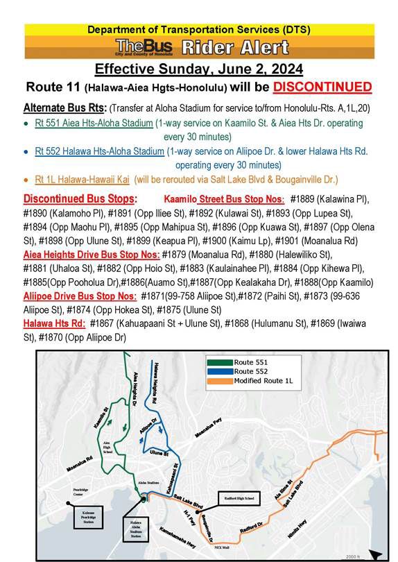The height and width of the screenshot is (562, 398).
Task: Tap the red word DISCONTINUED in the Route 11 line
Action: click(x=322, y=87)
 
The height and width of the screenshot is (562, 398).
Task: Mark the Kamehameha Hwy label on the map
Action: click(x=171, y=530)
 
